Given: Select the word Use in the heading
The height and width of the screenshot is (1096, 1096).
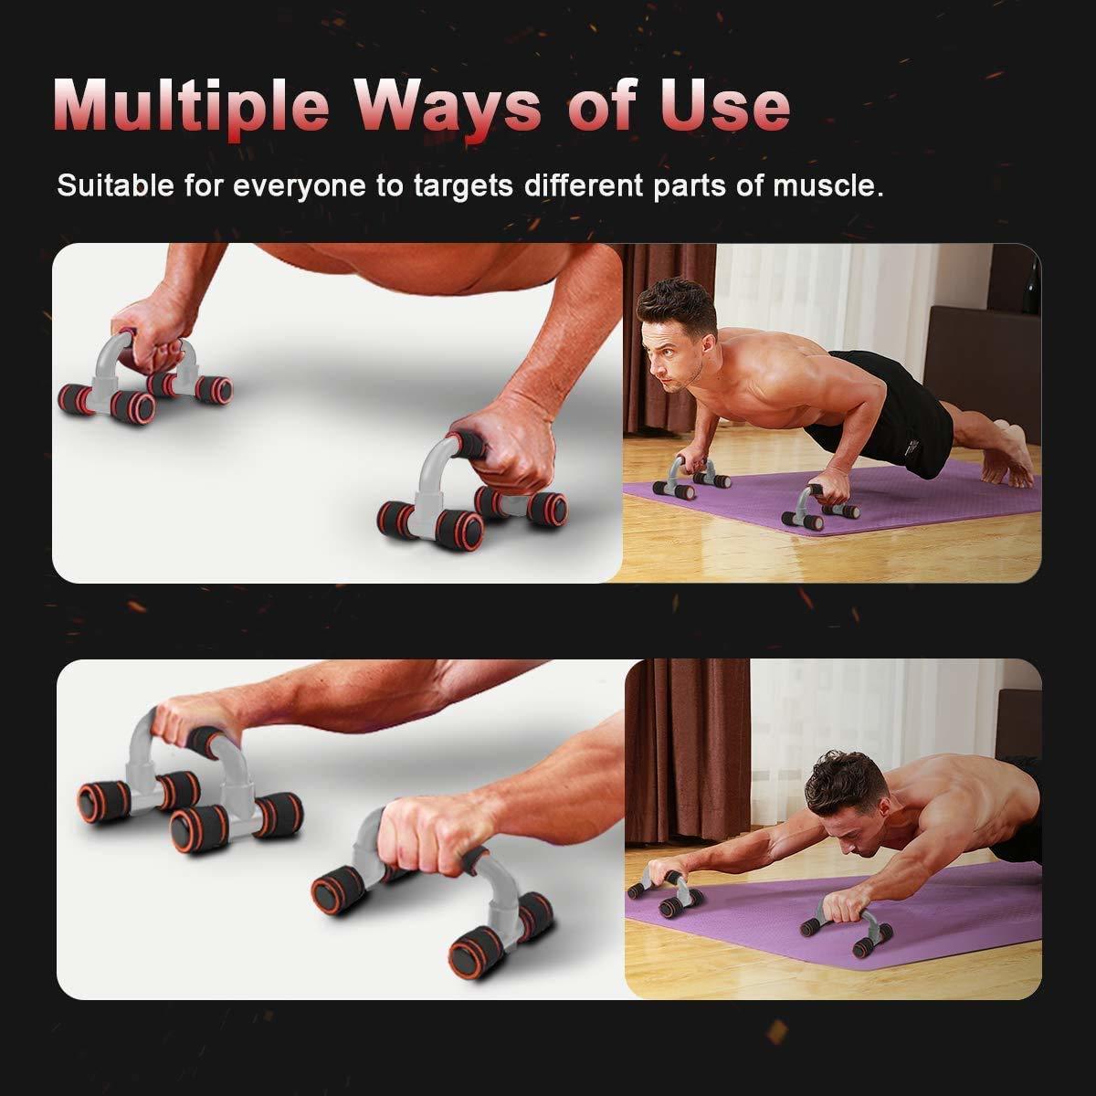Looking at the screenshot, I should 731,108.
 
